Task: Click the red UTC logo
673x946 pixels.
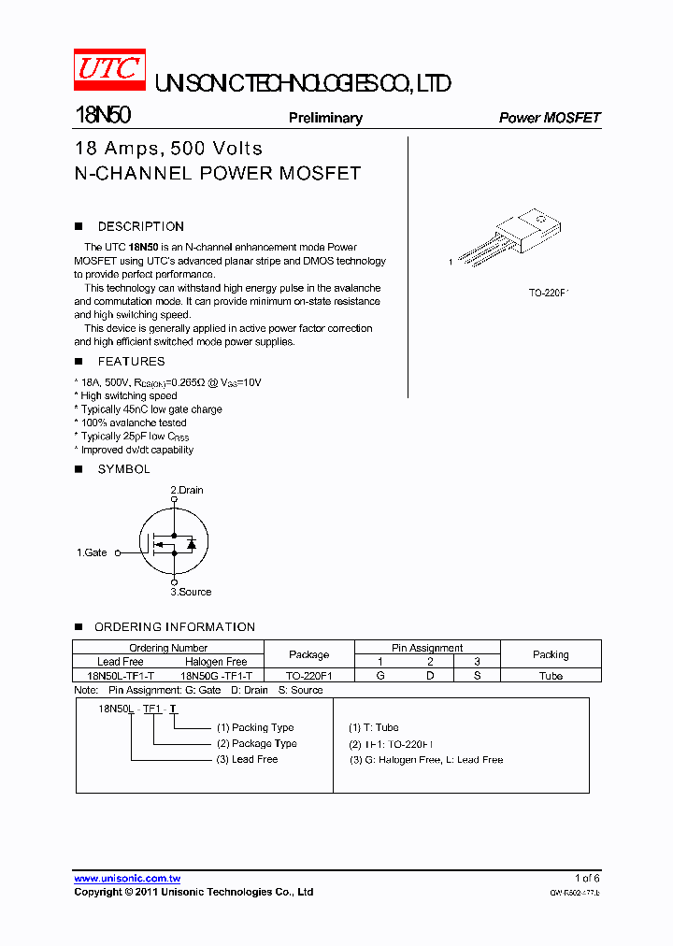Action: [109, 70]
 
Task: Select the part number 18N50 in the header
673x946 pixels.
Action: [102, 116]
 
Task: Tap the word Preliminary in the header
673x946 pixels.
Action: [325, 118]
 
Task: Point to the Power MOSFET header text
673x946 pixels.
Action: [550, 118]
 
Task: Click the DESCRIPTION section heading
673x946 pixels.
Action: [140, 226]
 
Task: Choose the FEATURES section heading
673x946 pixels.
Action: [131, 362]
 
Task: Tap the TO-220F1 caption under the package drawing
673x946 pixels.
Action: [549, 294]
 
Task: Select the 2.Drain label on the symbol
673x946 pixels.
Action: [186, 490]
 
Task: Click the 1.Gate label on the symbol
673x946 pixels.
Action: [92, 552]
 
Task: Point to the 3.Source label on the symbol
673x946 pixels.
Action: [191, 592]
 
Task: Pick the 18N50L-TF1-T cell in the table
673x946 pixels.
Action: [121, 675]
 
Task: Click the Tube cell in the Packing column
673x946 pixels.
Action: [551, 675]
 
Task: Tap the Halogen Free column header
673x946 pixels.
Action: [216, 661]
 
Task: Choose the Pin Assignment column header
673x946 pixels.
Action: [427, 648]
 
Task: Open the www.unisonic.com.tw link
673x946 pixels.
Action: [127, 879]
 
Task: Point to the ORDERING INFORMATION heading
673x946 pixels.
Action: [174, 627]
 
